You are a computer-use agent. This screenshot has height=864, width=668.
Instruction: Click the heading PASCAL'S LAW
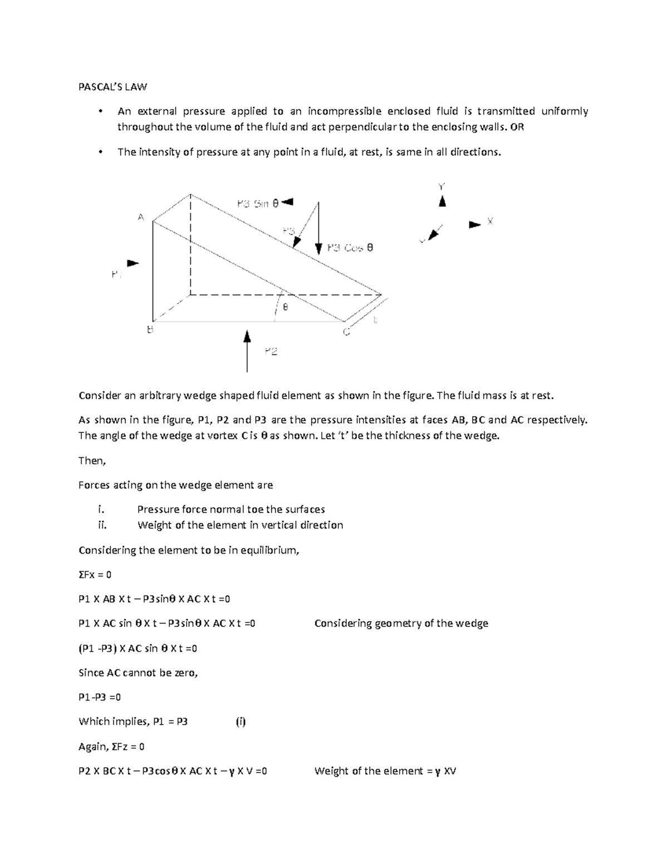pos(112,87)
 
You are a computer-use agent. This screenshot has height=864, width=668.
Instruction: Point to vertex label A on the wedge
pos(141,217)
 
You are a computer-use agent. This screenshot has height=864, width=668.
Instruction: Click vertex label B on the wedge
pos(149,330)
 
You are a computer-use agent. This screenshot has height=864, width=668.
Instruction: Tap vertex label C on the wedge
pos(346,332)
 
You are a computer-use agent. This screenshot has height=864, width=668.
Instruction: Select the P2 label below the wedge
pos(271,351)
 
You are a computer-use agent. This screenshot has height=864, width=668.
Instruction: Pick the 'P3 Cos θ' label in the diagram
pos(350,248)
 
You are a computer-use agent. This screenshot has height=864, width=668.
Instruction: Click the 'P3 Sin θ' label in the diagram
pos(257,204)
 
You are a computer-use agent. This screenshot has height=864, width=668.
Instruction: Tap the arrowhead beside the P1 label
pos(133,263)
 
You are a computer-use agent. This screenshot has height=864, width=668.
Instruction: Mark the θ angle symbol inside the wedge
pos(286,307)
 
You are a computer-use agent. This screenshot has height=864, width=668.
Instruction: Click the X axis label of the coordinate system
pos(490,221)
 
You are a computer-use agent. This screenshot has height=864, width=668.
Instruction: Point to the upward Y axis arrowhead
pos(442,201)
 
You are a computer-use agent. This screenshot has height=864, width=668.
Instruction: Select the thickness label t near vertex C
pos(375,320)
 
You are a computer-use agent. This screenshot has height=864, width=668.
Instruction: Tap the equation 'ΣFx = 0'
pos(95,574)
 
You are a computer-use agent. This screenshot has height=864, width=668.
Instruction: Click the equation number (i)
pos(240,722)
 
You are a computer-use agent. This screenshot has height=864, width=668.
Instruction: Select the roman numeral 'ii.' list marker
pos(101,525)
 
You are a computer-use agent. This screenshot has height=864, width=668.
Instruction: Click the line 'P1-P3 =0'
pos(100,697)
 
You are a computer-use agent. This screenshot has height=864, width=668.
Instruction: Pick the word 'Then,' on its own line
pos(92,460)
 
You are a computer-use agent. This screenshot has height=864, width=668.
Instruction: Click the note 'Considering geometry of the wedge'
pos(401,623)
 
